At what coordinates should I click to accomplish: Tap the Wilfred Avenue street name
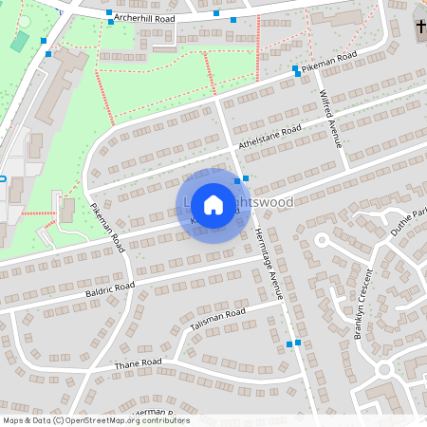tap(330, 120)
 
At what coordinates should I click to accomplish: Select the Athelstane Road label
tap(270, 139)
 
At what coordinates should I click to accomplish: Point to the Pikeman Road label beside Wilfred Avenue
tap(329, 63)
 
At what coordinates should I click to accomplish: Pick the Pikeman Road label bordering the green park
tap(107, 226)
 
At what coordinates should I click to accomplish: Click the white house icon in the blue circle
tap(213, 205)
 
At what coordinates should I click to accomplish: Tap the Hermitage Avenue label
tap(269, 269)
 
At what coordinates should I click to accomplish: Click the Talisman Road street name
tap(217, 319)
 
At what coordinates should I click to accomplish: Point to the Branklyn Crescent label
tap(366, 305)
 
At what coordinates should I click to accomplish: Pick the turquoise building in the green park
tap(19, 41)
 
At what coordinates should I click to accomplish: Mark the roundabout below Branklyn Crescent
tap(383, 368)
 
